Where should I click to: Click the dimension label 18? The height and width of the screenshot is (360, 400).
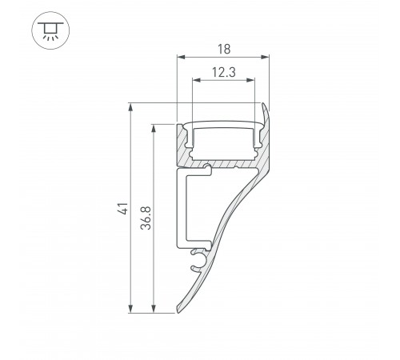tap(224, 50)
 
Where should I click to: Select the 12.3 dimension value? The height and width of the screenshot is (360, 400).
tap(224, 72)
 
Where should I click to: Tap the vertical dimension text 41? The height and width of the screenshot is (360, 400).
tap(124, 208)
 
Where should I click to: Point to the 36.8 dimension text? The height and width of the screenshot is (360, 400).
tap(146, 218)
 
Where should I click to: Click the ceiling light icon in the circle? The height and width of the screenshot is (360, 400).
tap(50, 30)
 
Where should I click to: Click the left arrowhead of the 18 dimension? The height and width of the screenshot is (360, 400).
tap(181, 57)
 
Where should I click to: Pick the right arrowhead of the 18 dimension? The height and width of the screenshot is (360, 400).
tap(265, 57)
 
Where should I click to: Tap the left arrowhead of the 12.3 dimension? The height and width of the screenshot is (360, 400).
tap(196, 80)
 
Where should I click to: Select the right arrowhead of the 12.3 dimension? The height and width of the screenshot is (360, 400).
tap(251, 80)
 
